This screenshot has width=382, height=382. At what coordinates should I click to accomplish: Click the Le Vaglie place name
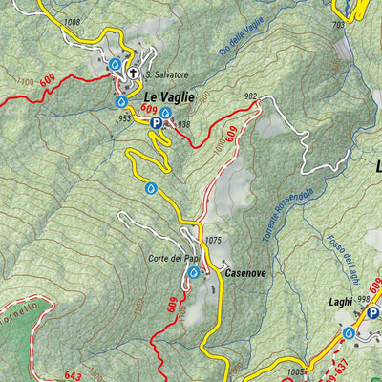coord(168,96)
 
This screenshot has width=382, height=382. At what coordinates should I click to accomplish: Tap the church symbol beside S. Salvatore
coord(134,74)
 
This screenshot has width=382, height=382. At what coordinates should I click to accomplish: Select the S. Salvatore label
coord(168,74)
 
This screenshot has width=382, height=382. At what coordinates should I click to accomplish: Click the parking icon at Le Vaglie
coord(156,122)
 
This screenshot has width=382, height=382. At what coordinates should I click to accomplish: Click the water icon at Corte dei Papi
coord(193,272)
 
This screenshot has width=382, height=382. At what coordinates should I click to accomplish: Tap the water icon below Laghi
coord(349,332)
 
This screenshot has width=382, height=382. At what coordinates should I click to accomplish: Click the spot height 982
coord(251,96)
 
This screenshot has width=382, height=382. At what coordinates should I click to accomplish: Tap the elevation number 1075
coord(213,240)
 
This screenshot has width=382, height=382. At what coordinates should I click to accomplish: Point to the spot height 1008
coord(72,20)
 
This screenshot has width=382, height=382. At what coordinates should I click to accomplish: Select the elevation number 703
coord(338,25)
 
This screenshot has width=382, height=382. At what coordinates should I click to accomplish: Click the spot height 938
coord(184,124)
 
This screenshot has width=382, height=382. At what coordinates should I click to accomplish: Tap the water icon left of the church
coord(114,64)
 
